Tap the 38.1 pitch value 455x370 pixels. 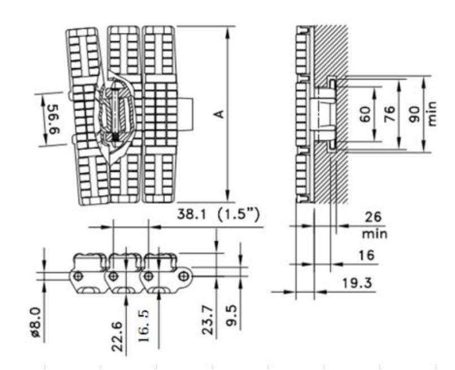[x=193, y=215]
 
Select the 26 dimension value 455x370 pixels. [x=372, y=217]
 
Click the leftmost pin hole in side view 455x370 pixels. [x=79, y=276]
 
